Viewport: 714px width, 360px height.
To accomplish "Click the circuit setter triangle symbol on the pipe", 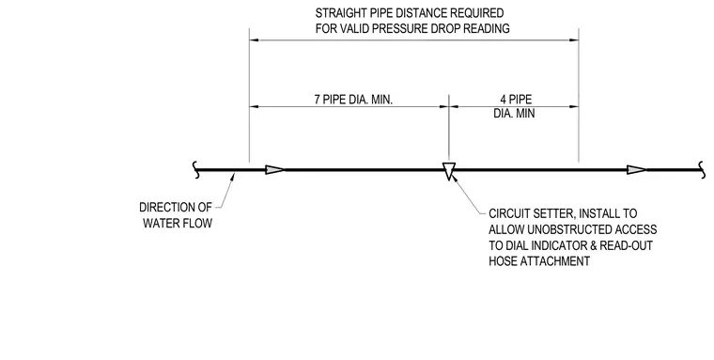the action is (x=449, y=170).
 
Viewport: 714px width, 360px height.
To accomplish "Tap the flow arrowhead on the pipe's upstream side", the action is (x=275, y=170).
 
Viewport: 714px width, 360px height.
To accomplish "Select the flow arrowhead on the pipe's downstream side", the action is (x=637, y=170).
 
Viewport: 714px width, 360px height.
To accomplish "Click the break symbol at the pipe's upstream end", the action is (x=196, y=170).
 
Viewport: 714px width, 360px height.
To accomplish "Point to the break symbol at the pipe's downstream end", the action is (x=702, y=170).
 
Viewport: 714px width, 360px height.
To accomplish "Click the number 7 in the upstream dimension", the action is (x=318, y=100).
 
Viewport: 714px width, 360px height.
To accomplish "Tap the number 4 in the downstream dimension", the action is (x=504, y=100).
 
